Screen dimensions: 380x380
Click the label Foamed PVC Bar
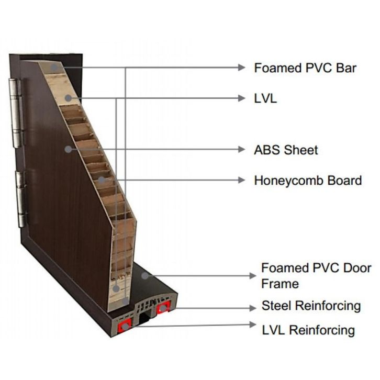tap(305, 68)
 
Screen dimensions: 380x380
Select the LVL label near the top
tap(265, 98)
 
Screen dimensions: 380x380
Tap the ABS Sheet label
tap(286, 150)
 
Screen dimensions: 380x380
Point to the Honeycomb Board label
tap(308, 181)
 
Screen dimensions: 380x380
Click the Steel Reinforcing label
tap(311, 305)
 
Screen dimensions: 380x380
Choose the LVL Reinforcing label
tap(308, 330)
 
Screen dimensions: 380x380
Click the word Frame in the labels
tap(280, 284)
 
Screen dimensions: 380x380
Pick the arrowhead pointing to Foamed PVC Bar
tap(241, 68)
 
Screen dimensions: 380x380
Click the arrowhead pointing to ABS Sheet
tap(241, 149)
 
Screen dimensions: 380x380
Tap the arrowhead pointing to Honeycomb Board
tap(241, 180)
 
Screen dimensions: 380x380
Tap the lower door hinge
tap(21, 199)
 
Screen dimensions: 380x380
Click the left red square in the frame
tap(125, 327)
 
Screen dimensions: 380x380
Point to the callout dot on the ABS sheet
tap(68, 149)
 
